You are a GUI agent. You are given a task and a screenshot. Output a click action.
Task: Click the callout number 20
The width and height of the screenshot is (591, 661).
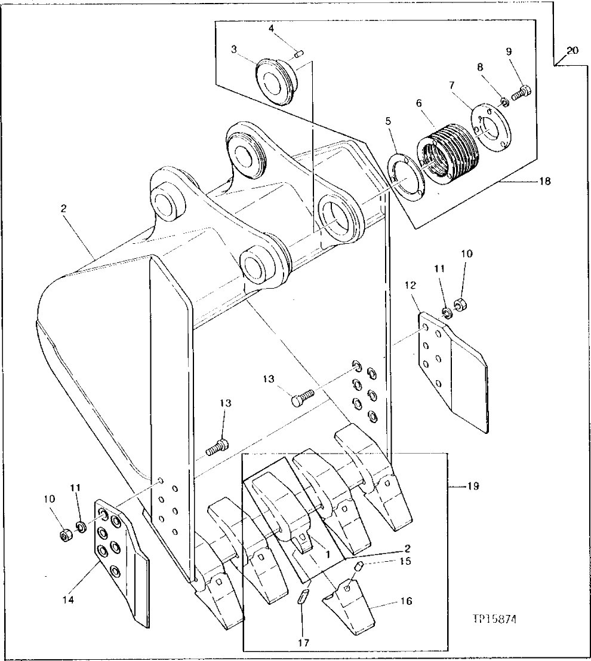[572, 51]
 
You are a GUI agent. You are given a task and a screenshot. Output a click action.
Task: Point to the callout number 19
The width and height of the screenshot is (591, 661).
[472, 487]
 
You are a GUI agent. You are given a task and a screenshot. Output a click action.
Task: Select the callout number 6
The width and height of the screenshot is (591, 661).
[418, 103]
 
